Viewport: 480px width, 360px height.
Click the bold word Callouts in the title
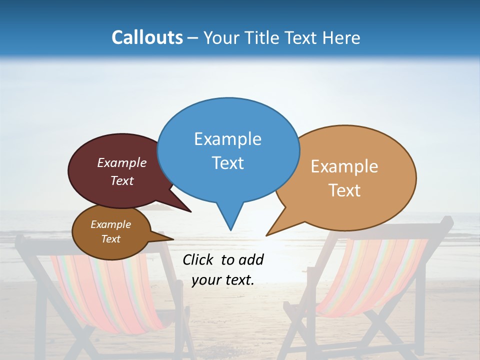click(x=147, y=37)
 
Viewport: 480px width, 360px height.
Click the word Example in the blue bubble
click(x=227, y=138)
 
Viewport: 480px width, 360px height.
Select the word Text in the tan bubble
click(x=345, y=190)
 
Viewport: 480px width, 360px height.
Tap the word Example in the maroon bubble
click(x=122, y=162)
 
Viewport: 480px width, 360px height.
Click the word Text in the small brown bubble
click(x=111, y=239)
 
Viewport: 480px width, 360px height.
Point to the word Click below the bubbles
click(x=198, y=259)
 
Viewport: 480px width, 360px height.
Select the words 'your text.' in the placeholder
click(x=223, y=280)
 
